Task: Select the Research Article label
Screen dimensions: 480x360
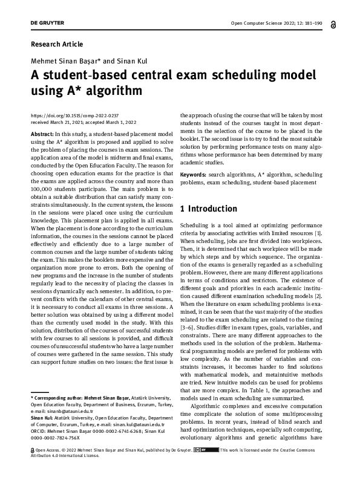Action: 56,44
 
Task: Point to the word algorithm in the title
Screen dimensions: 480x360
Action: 116,91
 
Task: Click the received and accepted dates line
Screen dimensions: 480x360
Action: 82,122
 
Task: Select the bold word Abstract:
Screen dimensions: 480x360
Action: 42,134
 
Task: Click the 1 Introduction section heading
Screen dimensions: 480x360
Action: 205,209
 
